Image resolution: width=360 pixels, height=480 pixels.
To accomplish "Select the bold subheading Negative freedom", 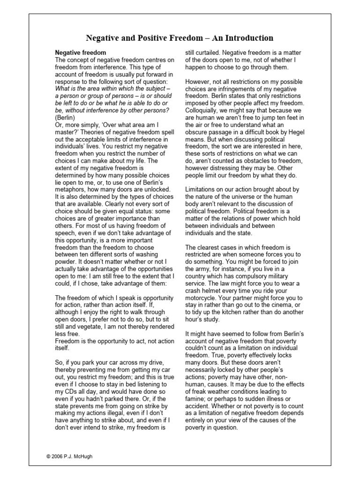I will (81, 53).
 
